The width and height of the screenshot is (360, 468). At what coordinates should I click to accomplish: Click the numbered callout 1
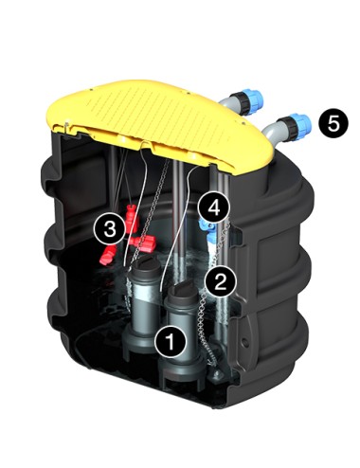coord(171,342)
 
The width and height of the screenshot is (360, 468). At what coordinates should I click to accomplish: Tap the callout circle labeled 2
coord(220,280)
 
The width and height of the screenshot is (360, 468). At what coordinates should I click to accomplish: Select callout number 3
coord(110,228)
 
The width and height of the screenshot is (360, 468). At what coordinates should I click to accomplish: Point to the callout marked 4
coord(214,208)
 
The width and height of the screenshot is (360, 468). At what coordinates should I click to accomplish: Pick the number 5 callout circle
coord(333,123)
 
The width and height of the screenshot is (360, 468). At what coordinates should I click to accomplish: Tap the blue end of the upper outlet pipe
coord(255,99)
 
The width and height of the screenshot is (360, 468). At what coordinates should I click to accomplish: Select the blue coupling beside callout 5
coord(301,126)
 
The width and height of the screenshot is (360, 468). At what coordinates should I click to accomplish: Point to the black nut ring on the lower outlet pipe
coord(288,129)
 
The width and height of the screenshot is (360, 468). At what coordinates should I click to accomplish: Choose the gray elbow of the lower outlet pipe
coord(272,133)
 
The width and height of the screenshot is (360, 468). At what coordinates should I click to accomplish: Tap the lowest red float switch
coord(107,256)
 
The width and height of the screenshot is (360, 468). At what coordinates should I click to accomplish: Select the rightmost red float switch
coord(145,243)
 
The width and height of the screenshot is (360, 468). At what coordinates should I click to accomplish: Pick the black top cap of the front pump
coord(183,294)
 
